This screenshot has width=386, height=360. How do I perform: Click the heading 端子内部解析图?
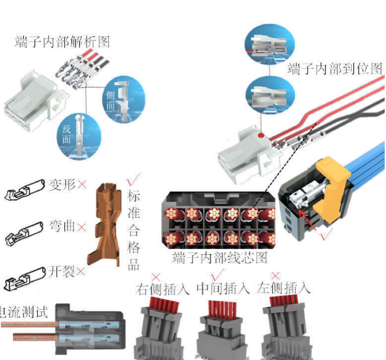click(62, 41)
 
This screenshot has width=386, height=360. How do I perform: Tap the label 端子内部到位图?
click(335, 69)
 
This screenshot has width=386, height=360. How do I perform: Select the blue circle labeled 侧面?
click(124, 99)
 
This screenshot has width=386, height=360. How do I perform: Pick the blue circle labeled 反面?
click(79, 136)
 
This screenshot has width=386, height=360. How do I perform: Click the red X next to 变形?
click(82, 184)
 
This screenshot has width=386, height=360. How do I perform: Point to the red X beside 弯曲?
click(81, 227)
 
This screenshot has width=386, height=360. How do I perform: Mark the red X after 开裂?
click(81, 271)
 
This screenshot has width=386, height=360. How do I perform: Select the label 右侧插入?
click(162, 289)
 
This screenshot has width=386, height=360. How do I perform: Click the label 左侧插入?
click(284, 288)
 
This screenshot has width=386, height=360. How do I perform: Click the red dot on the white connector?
click(261, 135)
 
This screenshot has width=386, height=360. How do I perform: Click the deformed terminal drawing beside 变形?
click(24, 189)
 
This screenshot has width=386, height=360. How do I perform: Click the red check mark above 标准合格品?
click(133, 179)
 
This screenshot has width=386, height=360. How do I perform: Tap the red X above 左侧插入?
click(275, 276)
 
